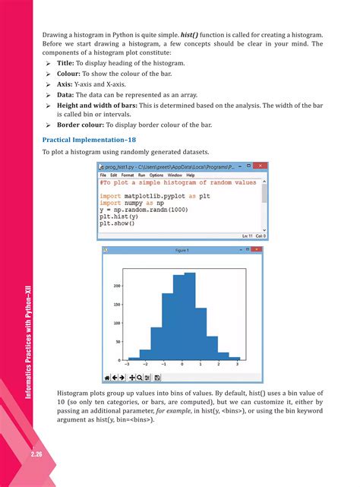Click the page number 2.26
pyautogui.click(x=15, y=454)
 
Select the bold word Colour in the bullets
pyautogui.click(x=71, y=77)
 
